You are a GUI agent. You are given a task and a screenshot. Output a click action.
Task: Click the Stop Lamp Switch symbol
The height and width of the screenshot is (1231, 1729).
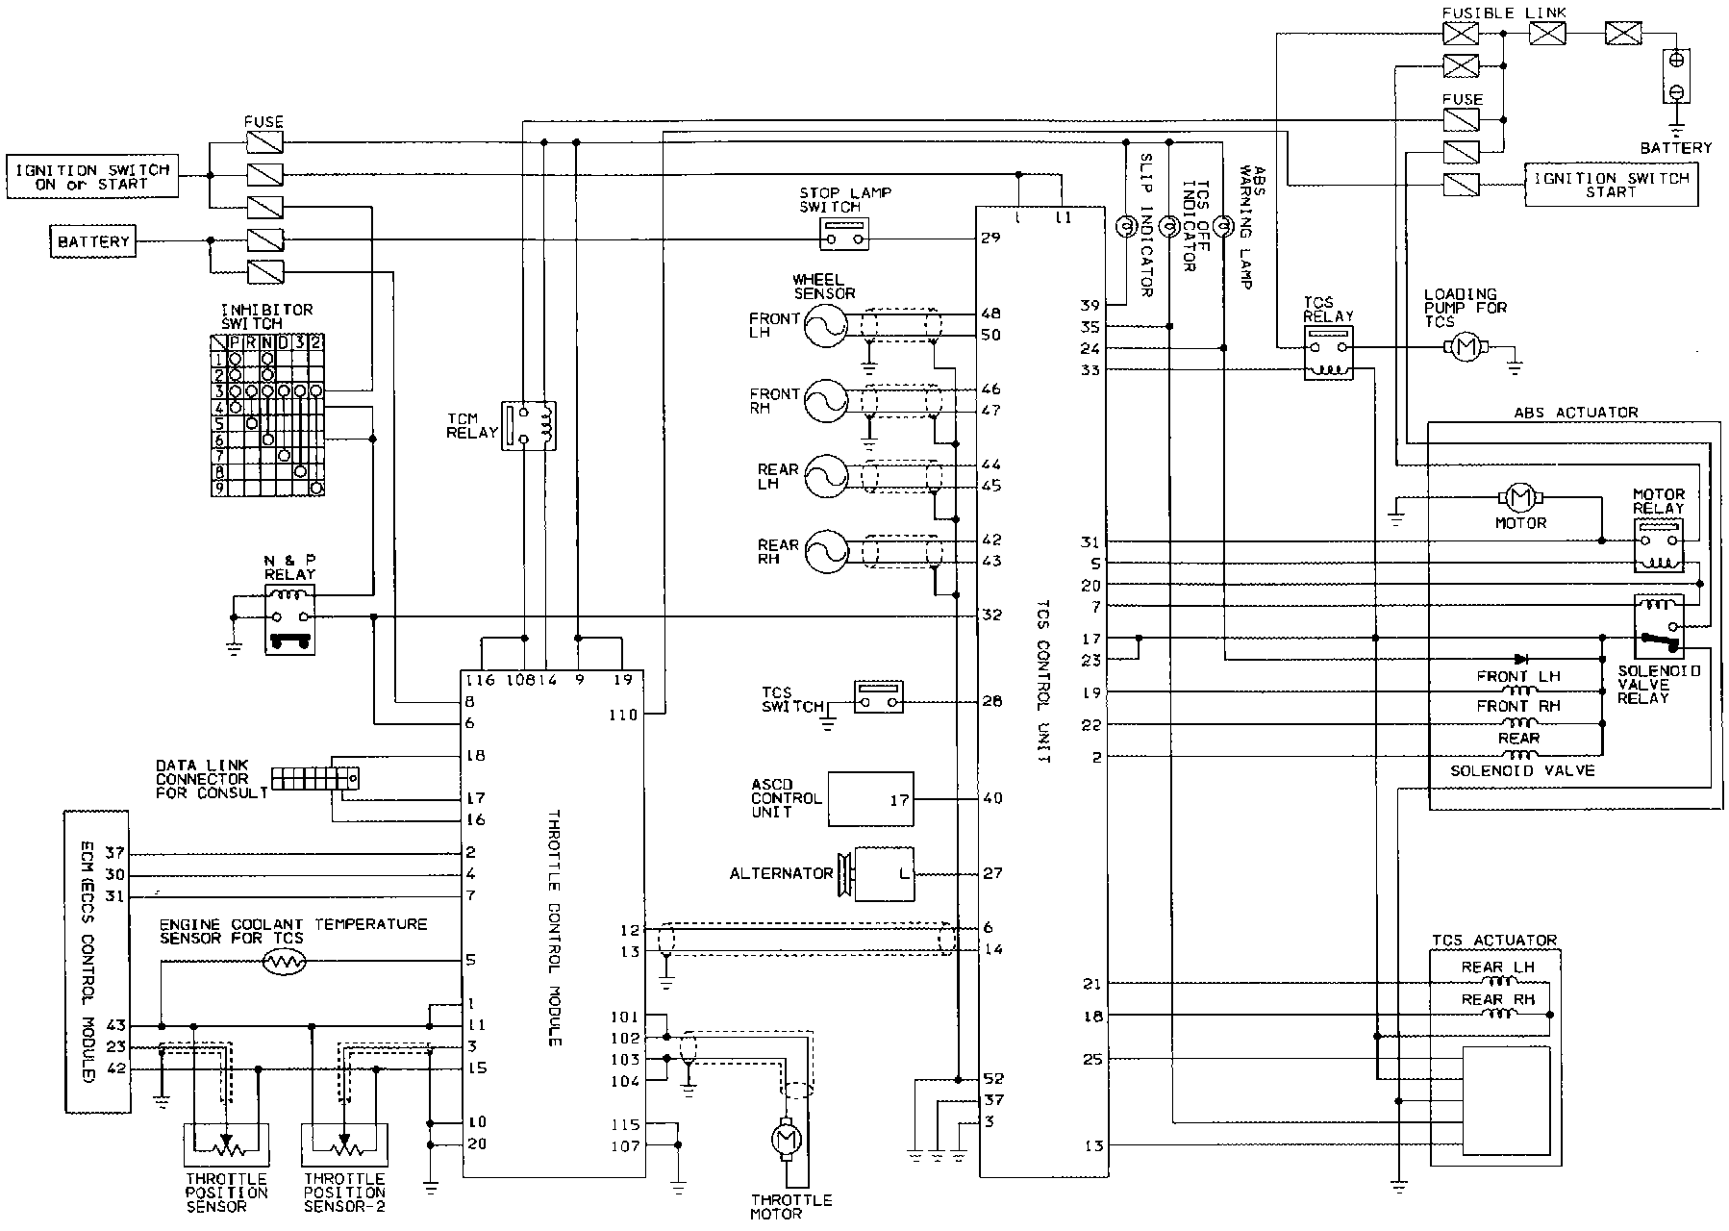tap(845, 233)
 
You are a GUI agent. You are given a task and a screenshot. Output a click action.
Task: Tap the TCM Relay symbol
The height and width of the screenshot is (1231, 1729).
tap(533, 425)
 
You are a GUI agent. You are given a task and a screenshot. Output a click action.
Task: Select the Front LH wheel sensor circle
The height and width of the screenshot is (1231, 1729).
tap(824, 325)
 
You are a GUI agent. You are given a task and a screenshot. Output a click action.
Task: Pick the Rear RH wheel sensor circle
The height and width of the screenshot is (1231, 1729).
tap(824, 551)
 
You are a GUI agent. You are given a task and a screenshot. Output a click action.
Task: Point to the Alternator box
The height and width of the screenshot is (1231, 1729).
tap(884, 873)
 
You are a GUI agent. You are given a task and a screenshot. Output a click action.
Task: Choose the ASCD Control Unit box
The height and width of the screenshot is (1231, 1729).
tap(870, 798)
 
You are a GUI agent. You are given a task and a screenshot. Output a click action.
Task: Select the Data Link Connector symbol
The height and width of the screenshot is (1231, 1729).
tap(315, 777)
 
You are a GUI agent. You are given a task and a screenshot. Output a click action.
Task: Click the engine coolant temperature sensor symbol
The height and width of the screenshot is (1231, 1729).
tap(284, 961)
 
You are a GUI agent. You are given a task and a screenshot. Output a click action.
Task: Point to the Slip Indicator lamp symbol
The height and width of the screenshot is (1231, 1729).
tap(1123, 228)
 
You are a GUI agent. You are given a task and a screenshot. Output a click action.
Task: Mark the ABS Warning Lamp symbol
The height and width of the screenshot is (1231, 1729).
tap(1222, 228)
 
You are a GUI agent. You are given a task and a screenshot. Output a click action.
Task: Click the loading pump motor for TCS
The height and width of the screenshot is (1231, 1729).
tap(1466, 347)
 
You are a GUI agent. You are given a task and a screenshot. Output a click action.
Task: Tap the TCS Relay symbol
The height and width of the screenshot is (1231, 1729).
tap(1328, 352)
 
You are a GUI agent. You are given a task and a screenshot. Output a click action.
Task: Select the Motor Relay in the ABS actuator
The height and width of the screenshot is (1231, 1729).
tap(1659, 544)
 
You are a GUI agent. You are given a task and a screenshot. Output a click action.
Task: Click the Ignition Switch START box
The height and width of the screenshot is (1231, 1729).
tap(1610, 185)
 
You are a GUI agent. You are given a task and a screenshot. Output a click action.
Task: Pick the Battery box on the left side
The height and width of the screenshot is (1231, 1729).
tap(92, 240)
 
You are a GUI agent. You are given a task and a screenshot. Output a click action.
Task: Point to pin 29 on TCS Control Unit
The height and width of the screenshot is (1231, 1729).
tap(991, 237)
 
